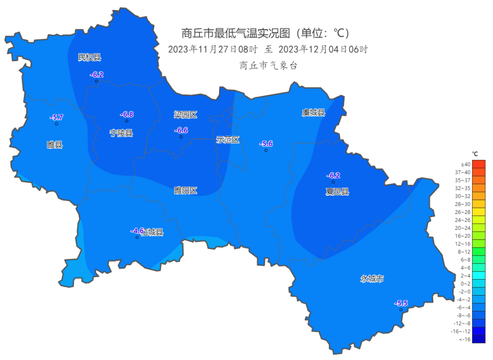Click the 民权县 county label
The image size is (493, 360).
pos(89,57)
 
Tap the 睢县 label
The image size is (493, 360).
pos(55,145)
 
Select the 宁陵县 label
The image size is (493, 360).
pos(121,133)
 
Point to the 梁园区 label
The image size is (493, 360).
pos(185,115)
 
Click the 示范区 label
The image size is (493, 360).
pos(227,140)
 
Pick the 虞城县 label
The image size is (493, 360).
pos(313,112)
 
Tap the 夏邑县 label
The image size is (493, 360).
pos(337,192)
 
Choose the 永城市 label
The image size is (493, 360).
pos(372,279)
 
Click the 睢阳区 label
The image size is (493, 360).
pos(186,191)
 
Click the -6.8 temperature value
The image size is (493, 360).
pos(126,114)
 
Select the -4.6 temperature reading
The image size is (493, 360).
pos(137,231)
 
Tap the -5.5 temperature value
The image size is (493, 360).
pos(401,303)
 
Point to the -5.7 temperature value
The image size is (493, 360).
pos(56,117)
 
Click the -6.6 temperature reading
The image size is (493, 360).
pos(181,130)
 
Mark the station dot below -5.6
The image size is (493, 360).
pos(266,150)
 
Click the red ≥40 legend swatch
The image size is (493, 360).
pos(478,164)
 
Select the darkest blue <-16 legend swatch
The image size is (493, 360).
pos(478,339)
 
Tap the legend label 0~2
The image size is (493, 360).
pos(465,283)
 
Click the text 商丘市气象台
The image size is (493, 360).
pos(268,65)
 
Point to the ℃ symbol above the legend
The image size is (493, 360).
pos(475,154)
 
